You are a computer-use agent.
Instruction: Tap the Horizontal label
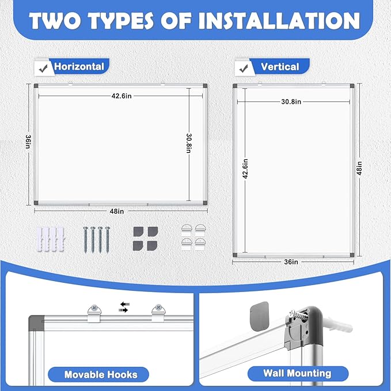coord(79,67)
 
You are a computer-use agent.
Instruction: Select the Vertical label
coord(280,67)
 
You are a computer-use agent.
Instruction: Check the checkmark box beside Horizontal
coord(41,68)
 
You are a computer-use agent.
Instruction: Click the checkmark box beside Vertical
coord(242,68)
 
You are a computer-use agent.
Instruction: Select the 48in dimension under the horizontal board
coord(116,211)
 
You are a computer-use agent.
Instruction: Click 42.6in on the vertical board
coord(245,169)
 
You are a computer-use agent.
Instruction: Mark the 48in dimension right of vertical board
coord(359,170)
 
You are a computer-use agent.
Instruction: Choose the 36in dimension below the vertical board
coord(291,262)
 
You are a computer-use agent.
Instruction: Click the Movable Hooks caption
coord(101,374)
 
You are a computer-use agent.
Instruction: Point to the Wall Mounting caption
coord(289,373)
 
